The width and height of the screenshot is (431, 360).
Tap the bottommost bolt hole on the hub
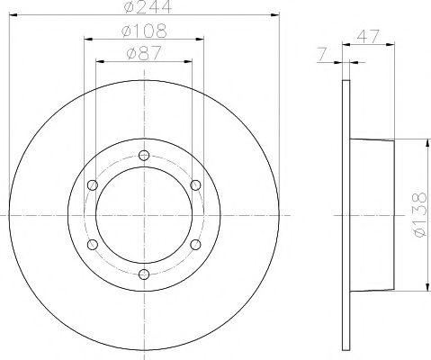click(x=143, y=274)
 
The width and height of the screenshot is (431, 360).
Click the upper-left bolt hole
click(x=92, y=185)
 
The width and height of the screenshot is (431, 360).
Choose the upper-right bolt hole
click(x=195, y=185)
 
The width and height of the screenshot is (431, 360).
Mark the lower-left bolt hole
click(x=92, y=245)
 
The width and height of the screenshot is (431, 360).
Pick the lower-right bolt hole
click(x=195, y=245)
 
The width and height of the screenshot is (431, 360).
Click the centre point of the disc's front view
click(x=143, y=215)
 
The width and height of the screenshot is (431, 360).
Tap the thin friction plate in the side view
click(x=346, y=215)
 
